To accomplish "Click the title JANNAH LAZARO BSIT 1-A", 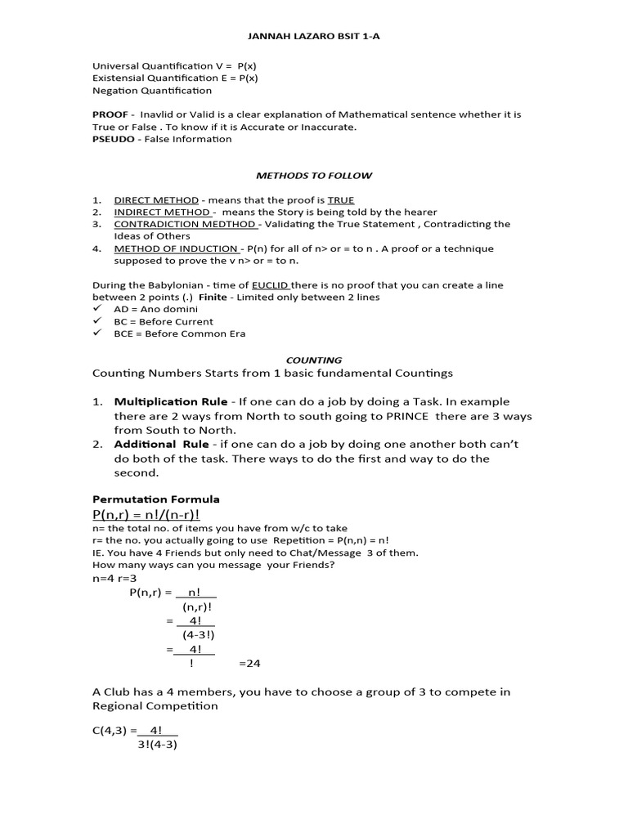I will point(313,37).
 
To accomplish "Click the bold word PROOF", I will point(110,114).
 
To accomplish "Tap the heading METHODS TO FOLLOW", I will point(313,175).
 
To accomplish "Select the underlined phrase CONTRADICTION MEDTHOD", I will point(186,224).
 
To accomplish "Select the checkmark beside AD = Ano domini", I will point(97,309).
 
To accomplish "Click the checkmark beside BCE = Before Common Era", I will point(97,333).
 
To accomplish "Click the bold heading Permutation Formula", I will point(155,499).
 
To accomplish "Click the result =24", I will point(249,663).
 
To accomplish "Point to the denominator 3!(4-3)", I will point(157,744).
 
